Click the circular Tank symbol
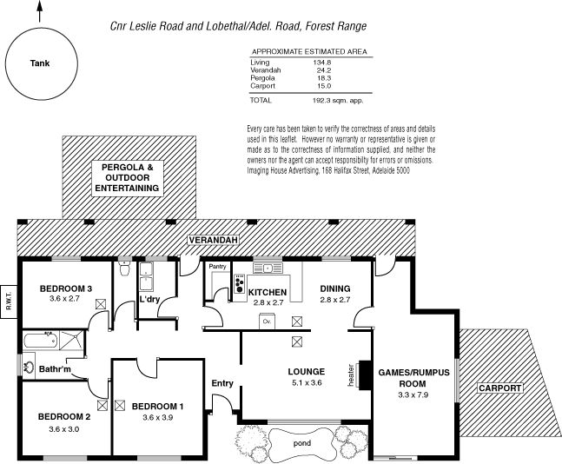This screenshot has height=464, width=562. pos(39,63)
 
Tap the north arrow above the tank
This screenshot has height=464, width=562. pos(39,11)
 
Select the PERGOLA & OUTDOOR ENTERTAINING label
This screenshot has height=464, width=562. pos(127,176)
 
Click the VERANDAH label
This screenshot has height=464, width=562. pos(215,241)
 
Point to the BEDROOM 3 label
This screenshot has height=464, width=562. pos(66,288)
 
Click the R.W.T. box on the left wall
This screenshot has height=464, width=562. pos(9,295)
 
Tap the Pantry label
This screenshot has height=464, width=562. pos(217,267)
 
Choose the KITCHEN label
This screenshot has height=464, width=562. pos(268,291)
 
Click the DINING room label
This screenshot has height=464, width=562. pos(334,288)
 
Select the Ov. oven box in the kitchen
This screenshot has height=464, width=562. pos(267,321)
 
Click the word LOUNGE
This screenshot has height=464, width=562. pos(306,372)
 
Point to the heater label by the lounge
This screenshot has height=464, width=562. pos(350,375)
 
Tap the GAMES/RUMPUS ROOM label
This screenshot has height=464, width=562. pos(413,377)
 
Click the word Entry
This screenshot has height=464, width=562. pos(222,383)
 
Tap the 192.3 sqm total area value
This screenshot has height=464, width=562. pos(328,100)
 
